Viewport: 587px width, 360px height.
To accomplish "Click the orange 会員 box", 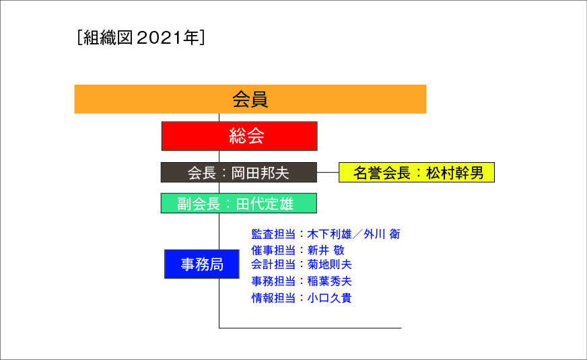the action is pyautogui.click(x=250, y=99).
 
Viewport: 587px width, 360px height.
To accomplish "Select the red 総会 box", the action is pyautogui.click(x=239, y=136).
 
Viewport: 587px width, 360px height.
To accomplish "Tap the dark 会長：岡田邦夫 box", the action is pyautogui.click(x=239, y=172).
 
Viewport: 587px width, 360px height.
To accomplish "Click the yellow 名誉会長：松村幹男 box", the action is pyautogui.click(x=417, y=172).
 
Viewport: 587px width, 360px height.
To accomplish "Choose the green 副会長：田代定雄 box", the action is pyautogui.click(x=239, y=203).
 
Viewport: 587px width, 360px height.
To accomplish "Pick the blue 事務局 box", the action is pyautogui.click(x=202, y=264).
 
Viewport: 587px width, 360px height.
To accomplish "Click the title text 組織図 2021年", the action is pyautogui.click(x=141, y=38).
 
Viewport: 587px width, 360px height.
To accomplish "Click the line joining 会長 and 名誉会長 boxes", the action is pyautogui.click(x=328, y=172).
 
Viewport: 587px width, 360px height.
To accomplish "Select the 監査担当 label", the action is pyautogui.click(x=273, y=234).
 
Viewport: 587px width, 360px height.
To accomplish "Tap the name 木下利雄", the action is pyautogui.click(x=329, y=234).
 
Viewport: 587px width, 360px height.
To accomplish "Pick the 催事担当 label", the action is pyautogui.click(x=273, y=250).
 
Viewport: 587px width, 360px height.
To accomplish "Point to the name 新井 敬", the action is pyautogui.click(x=326, y=250).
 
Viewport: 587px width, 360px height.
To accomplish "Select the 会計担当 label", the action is pyautogui.click(x=273, y=264).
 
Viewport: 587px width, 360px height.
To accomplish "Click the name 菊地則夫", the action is pyautogui.click(x=329, y=264).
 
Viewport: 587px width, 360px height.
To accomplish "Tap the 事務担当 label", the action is pyautogui.click(x=273, y=281).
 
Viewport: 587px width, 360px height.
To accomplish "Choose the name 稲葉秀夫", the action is pyautogui.click(x=329, y=281).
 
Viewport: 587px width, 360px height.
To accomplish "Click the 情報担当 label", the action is pyautogui.click(x=273, y=298).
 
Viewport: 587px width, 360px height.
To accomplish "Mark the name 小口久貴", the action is pyautogui.click(x=329, y=298).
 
